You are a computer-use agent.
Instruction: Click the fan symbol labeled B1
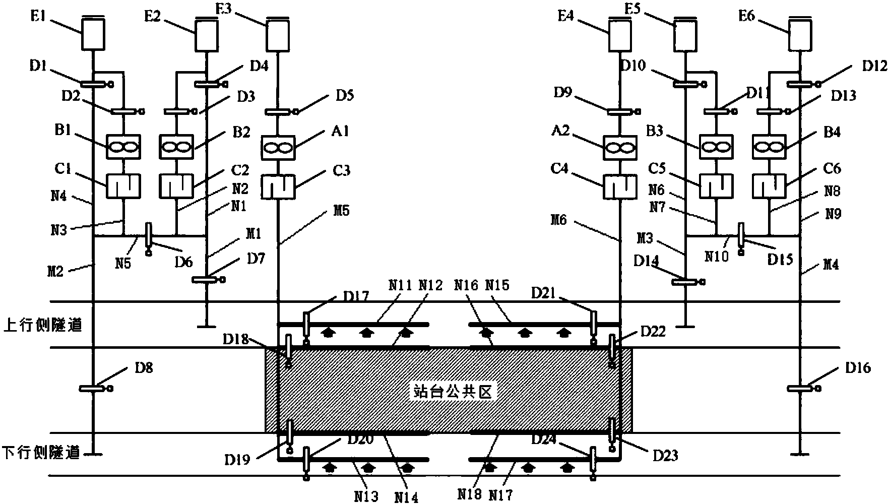123,147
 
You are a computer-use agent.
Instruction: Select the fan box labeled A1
277,147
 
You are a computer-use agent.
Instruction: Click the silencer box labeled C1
123,186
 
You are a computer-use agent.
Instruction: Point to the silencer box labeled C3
277,186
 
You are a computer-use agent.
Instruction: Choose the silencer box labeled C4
620,187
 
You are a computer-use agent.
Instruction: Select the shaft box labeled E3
278,36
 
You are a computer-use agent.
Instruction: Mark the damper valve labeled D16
801,388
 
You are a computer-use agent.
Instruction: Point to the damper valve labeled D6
149,235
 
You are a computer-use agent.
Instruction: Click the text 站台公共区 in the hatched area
451,391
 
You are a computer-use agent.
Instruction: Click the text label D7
256,259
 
